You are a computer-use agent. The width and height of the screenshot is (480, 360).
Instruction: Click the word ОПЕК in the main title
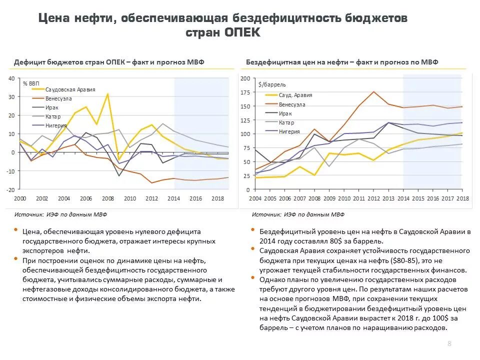pos(242,32)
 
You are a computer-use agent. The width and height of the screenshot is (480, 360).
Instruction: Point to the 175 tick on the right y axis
pos(245,92)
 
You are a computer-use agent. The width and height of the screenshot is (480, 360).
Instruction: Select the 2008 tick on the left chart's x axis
pos(108,198)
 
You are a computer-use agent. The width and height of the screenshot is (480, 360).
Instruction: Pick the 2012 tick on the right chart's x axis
pos(373,198)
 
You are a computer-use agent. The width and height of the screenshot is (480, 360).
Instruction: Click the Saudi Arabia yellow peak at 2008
pos(108,94)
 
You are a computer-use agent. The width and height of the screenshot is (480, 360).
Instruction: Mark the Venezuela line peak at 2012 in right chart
pos(373,91)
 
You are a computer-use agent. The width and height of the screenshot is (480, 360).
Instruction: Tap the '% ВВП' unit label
pos(31,83)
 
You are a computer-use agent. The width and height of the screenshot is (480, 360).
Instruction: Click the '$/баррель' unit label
pos(272,84)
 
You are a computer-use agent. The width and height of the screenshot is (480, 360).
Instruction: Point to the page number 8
pos(449,343)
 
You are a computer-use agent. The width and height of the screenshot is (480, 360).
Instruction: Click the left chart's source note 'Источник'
pos(29,214)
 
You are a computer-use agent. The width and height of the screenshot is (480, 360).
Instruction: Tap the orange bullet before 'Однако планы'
pos(253,277)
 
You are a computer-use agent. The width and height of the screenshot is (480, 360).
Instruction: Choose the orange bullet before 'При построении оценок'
pos(15,258)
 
